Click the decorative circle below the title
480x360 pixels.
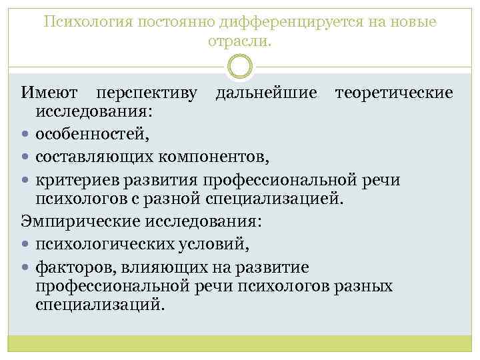tap(240, 66)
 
